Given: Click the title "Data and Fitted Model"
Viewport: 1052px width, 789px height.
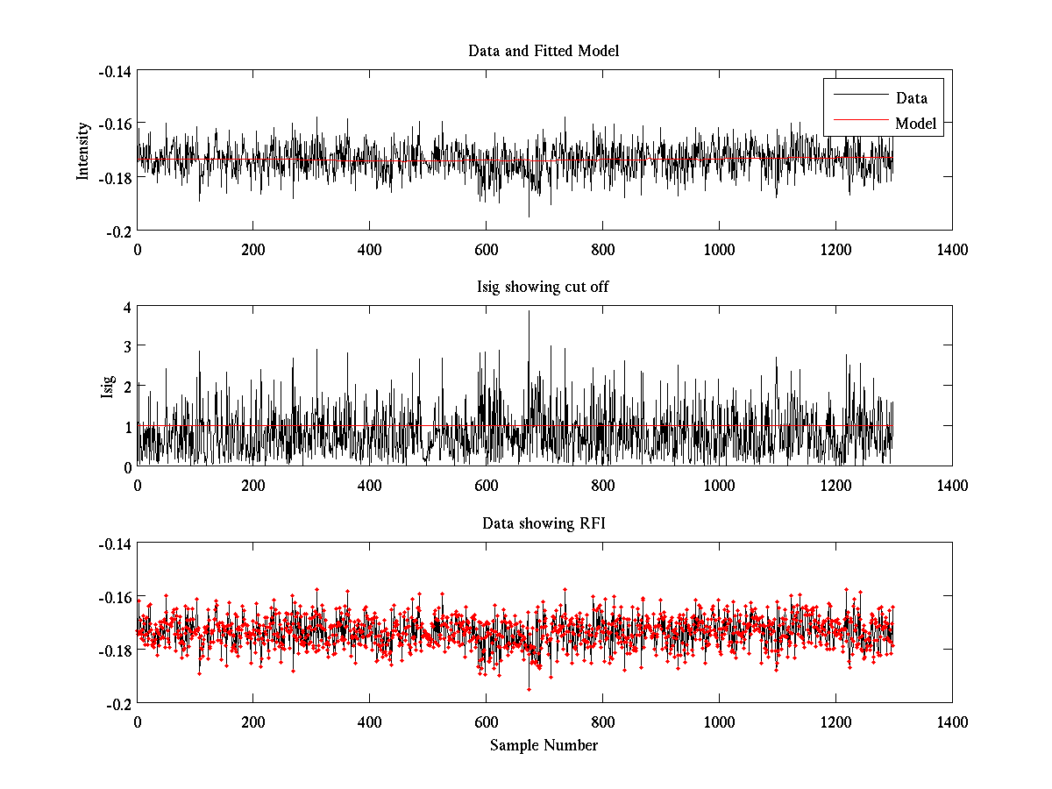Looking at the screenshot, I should [544, 51].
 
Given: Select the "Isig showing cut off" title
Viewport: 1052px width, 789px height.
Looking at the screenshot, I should [544, 288].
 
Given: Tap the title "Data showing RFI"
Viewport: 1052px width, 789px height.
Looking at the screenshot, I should [544, 524].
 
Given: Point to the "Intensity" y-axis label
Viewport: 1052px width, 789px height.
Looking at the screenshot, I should [83, 150].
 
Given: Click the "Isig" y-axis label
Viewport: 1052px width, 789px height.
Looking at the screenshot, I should [108, 387].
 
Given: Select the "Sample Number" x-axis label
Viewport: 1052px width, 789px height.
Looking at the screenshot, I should [544, 745].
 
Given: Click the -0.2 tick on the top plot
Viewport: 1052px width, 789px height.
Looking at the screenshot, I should [119, 231].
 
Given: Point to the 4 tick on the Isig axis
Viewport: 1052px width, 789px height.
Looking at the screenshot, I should [127, 308].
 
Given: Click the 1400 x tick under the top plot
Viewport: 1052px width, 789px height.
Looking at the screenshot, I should [952, 249].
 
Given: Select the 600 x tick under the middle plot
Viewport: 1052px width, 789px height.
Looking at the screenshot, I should [486, 485].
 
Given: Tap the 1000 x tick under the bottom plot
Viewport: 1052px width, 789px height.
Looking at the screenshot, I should [719, 722].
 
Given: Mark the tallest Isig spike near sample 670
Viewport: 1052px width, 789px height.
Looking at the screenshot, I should [529, 312].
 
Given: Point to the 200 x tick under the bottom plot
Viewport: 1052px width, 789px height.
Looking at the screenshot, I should [253, 722].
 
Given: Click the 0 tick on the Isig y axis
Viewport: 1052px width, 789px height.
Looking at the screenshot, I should [127, 466].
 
